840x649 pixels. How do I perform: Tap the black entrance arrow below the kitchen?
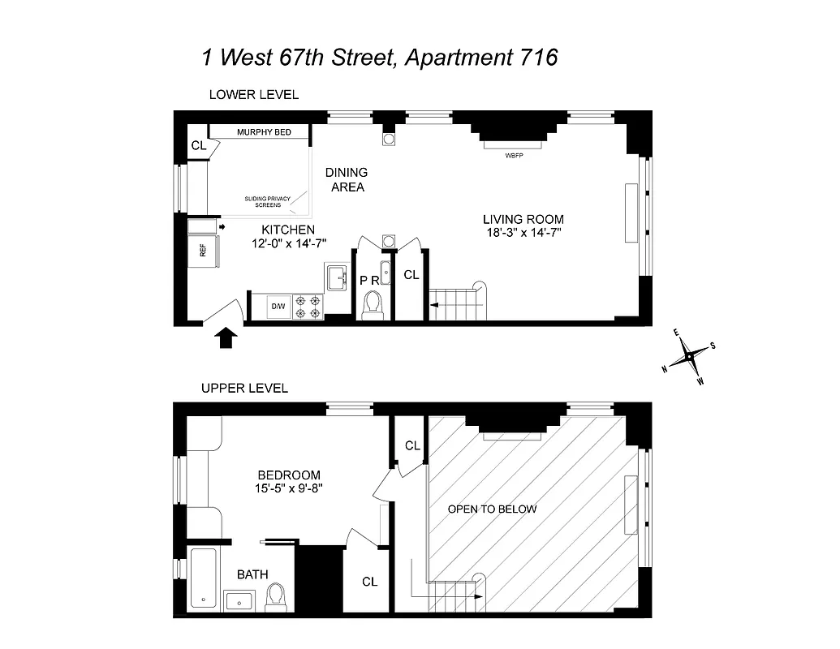pyautogui.click(x=226, y=337)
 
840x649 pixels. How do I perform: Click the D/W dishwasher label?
pyautogui.click(x=278, y=306)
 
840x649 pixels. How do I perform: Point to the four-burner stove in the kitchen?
pyautogui.click(x=308, y=306)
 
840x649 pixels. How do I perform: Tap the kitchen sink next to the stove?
pyautogui.click(x=336, y=277)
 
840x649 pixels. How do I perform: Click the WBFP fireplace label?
pyautogui.click(x=513, y=154)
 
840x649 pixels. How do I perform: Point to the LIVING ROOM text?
pyautogui.click(x=523, y=219)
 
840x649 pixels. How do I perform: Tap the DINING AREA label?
pyautogui.click(x=347, y=179)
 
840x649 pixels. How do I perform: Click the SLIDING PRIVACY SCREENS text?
pyautogui.click(x=268, y=201)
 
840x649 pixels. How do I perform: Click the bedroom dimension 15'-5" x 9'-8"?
pyautogui.click(x=289, y=488)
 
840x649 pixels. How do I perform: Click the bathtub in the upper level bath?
pyautogui.click(x=203, y=578)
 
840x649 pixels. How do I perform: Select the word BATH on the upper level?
pyautogui.click(x=252, y=574)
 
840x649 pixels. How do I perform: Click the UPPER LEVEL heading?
pyautogui.click(x=244, y=389)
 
